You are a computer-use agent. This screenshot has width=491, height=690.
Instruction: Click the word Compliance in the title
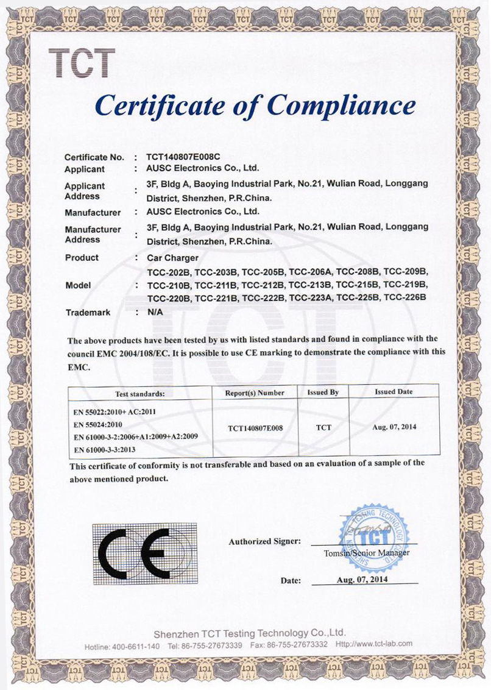click(x=342, y=105)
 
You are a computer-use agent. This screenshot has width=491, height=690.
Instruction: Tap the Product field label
click(x=82, y=258)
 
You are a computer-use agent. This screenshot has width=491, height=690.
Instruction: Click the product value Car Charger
click(x=174, y=258)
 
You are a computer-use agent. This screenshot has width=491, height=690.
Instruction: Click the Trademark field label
click(x=88, y=312)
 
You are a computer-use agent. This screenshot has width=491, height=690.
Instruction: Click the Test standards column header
click(x=140, y=393)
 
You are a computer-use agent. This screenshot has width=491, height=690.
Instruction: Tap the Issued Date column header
click(x=394, y=392)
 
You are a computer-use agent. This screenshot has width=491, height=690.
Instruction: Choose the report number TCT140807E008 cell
click(x=255, y=428)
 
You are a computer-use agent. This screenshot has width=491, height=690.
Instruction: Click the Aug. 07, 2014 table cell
click(x=394, y=427)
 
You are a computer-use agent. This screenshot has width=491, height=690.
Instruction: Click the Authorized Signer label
click(x=264, y=541)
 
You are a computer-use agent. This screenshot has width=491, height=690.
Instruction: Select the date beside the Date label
click(x=362, y=580)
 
